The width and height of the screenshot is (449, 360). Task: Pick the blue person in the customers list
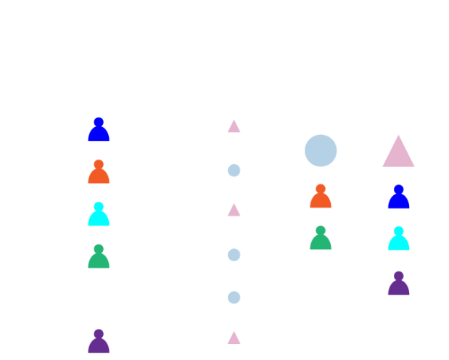(x=99, y=130)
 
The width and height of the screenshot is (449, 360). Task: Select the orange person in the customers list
(x=99, y=172)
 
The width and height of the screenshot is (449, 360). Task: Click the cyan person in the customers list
(x=99, y=214)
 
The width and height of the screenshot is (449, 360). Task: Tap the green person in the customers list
(x=99, y=256)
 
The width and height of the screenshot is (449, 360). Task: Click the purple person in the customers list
(x=99, y=341)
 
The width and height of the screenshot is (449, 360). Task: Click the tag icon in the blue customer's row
(x=233, y=131)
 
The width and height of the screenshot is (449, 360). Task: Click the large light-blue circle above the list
(x=321, y=150)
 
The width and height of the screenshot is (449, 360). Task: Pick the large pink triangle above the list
(x=398, y=152)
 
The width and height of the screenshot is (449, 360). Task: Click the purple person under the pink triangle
(x=398, y=283)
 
